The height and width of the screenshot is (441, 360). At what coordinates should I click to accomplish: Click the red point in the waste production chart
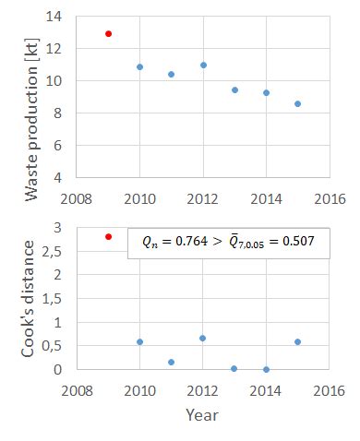tap(108, 34)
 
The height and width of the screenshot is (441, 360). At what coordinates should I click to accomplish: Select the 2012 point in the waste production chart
tap(203, 66)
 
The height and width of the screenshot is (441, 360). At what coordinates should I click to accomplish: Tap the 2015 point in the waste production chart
tap(297, 104)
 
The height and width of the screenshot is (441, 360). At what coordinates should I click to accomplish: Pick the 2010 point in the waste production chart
tap(139, 67)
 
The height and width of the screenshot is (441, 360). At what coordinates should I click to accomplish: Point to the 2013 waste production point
tap(234, 89)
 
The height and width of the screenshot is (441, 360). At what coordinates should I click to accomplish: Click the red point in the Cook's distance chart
tap(108, 237)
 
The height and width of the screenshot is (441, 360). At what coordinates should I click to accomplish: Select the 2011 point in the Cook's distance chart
tap(172, 362)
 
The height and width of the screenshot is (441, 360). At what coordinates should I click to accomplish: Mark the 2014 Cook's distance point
tap(266, 369)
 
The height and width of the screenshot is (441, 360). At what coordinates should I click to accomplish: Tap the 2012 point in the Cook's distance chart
tap(203, 339)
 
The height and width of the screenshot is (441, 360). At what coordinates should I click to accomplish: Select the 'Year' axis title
tap(202, 415)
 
